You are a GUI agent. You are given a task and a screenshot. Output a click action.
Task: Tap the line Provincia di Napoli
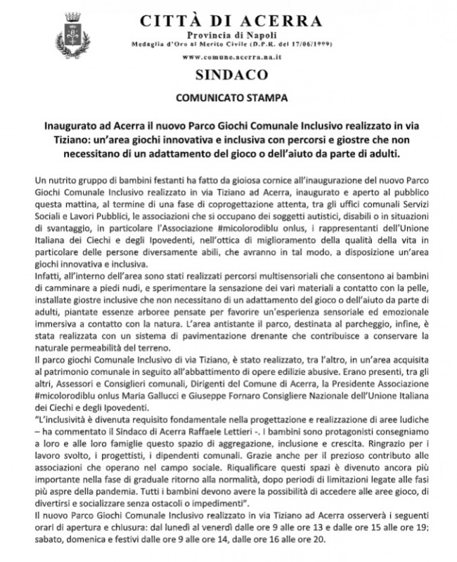coord(228,35)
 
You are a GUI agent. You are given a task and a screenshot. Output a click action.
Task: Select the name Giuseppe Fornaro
coord(243,397)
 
